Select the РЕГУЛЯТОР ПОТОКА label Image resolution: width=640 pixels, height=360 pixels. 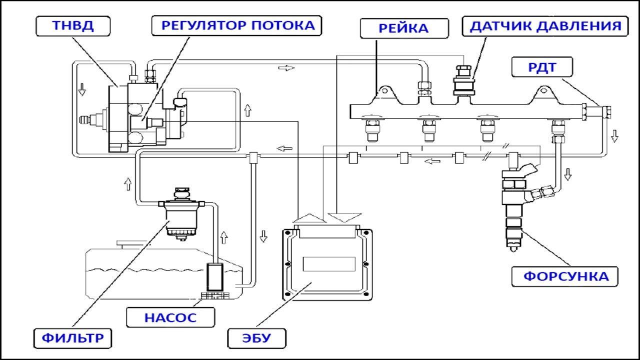[236, 26]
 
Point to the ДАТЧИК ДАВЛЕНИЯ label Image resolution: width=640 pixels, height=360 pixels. [544, 26]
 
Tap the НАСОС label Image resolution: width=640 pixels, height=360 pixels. [170, 317]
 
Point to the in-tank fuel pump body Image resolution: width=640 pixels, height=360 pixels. [216, 277]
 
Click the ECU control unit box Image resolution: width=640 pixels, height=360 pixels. [328, 263]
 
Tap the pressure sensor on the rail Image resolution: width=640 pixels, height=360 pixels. [463, 80]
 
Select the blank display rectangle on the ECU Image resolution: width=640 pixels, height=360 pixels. [328, 263]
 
